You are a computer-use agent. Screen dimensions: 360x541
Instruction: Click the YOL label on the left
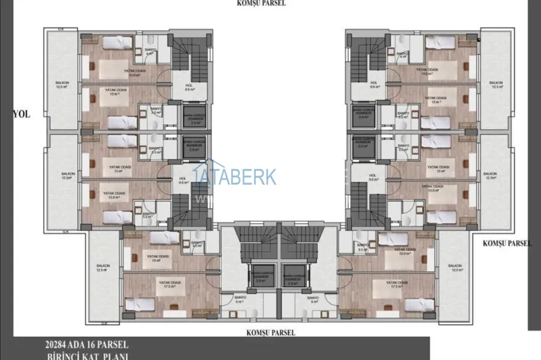[21, 114]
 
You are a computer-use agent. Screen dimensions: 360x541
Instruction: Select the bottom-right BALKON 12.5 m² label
[454, 268]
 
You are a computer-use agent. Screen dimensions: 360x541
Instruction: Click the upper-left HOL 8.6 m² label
[189, 87]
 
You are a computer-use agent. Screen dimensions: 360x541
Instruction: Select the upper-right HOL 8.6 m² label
[374, 85]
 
